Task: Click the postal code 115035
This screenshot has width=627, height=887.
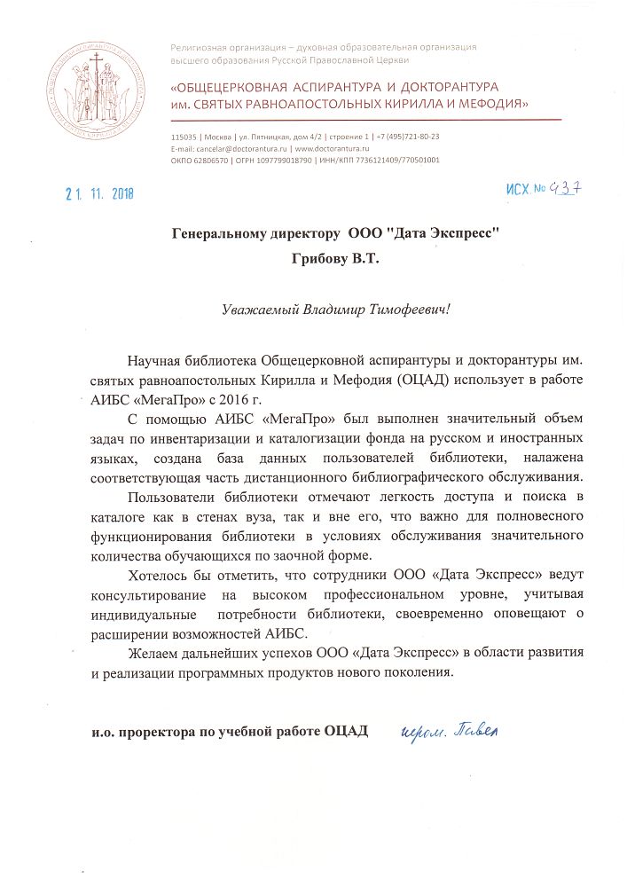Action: (184, 137)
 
